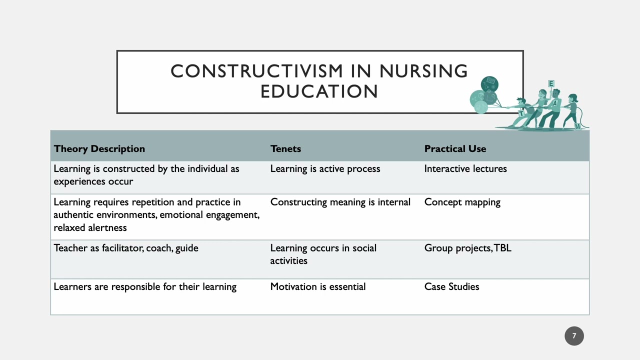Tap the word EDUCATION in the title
point(319,91)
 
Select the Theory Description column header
point(99,148)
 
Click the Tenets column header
point(285,148)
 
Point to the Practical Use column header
point(455,148)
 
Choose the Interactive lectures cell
point(465,169)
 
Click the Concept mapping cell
point(462,202)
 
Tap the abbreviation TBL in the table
point(502,248)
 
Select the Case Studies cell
point(451,286)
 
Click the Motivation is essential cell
point(318,286)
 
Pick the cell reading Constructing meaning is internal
point(340,202)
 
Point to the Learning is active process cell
point(325,169)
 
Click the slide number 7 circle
point(574,336)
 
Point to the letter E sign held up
point(551,83)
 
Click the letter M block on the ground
point(577,126)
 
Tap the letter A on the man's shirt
point(554,103)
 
